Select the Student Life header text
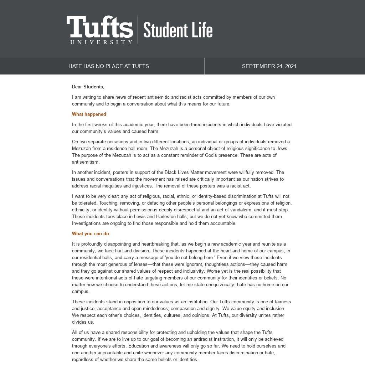click(178, 30)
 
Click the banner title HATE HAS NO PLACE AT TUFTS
click(109, 66)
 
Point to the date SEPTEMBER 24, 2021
click(269, 66)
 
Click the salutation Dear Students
click(88, 87)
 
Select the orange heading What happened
click(89, 114)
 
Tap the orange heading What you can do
click(91, 234)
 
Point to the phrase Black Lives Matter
click(184, 173)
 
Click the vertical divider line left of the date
click(204, 66)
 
